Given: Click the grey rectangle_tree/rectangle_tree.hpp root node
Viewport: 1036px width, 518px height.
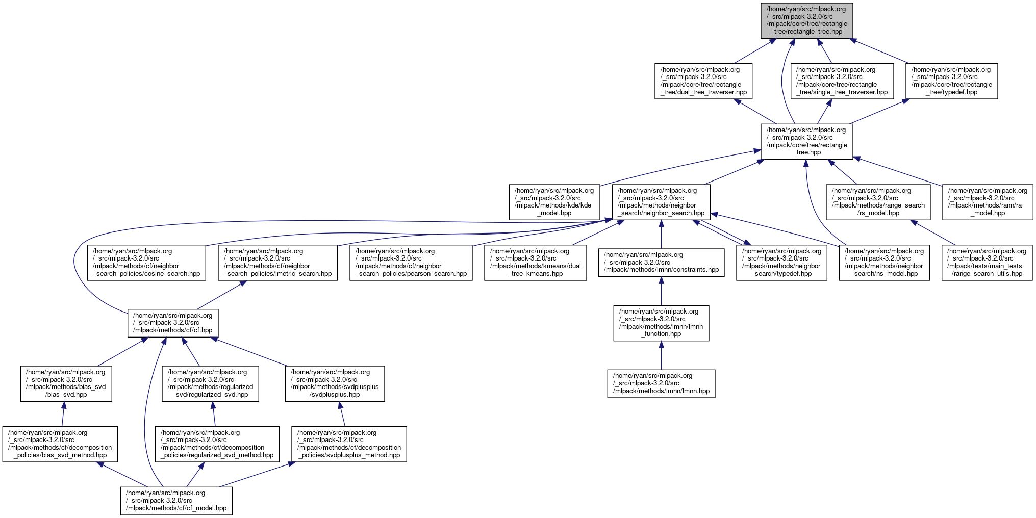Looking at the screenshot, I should pyautogui.click(x=806, y=20).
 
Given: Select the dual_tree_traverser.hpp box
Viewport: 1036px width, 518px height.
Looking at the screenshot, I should pyautogui.click(x=703, y=81).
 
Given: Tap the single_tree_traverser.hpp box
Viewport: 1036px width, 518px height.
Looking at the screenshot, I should pyautogui.click(x=842, y=81).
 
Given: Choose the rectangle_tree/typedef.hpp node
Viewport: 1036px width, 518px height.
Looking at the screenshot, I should pyautogui.click(x=951, y=81).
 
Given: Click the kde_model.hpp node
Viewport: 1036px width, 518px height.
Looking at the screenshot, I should pyautogui.click(x=554, y=202).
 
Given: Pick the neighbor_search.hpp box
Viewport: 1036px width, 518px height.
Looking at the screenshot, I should pyautogui.click(x=661, y=202).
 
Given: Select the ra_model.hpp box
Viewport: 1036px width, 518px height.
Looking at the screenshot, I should pyautogui.click(x=988, y=202).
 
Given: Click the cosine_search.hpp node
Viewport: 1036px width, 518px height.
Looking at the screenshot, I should pyautogui.click(x=146, y=263).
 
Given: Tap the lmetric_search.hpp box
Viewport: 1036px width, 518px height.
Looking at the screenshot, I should pyautogui.click(x=277, y=263).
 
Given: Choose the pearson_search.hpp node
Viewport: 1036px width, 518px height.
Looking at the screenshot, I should pyautogui.click(x=411, y=263).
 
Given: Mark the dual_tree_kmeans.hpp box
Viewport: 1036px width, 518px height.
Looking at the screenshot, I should pyautogui.click(x=536, y=263).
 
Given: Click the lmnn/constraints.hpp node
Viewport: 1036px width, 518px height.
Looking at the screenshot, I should pyautogui.click(x=661, y=263).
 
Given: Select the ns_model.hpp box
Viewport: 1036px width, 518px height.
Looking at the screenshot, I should pyautogui.click(x=884, y=263).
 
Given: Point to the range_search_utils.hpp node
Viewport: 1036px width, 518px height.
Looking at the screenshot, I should pyautogui.click(x=987, y=263).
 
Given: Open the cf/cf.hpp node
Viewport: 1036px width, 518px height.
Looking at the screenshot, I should pyautogui.click(x=173, y=323).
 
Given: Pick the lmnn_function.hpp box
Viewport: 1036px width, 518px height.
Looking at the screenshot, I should pyautogui.click(x=661, y=323).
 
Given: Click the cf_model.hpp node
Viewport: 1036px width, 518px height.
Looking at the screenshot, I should pyautogui.click(x=176, y=501).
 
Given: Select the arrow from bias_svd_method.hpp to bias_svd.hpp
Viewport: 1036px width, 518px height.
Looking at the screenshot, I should pyautogui.click(x=63, y=413).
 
